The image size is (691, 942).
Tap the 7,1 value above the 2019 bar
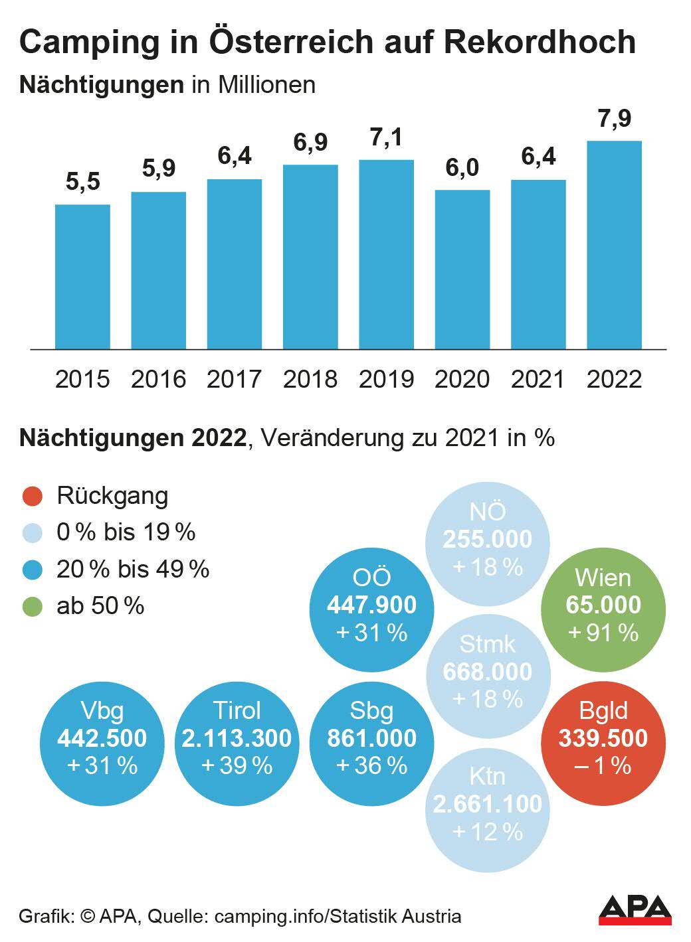(x=386, y=137)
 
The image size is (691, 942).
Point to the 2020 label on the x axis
(x=462, y=379)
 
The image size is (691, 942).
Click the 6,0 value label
(x=462, y=168)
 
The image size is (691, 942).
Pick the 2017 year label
(x=234, y=379)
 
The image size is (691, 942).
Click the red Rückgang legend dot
(x=33, y=496)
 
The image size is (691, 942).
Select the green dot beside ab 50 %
(x=33, y=606)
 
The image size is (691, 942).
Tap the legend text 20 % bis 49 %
(x=133, y=569)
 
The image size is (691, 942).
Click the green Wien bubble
(x=603, y=605)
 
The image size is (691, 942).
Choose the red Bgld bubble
(x=603, y=738)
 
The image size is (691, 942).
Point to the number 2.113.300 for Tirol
(x=237, y=738)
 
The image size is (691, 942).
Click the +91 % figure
(x=603, y=633)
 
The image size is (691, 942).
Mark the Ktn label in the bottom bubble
(x=487, y=776)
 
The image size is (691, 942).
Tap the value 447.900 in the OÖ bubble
(x=371, y=605)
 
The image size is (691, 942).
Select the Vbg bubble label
(x=102, y=710)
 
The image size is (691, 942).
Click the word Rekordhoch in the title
(x=540, y=41)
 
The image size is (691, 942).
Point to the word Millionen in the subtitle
(x=266, y=85)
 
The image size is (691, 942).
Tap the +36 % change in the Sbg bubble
(x=371, y=765)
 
